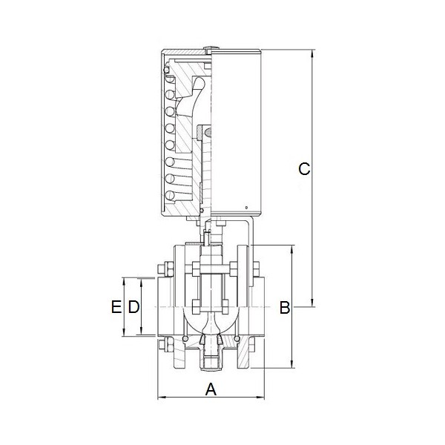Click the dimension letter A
[211, 389]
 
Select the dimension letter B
[285, 307]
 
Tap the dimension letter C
[304, 169]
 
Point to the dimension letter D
[133, 307]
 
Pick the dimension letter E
[116, 307]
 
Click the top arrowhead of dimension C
[312, 53]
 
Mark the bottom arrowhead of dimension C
[312, 303]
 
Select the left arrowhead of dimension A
[162, 398]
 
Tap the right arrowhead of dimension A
[260, 398]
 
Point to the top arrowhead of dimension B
[292, 249]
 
